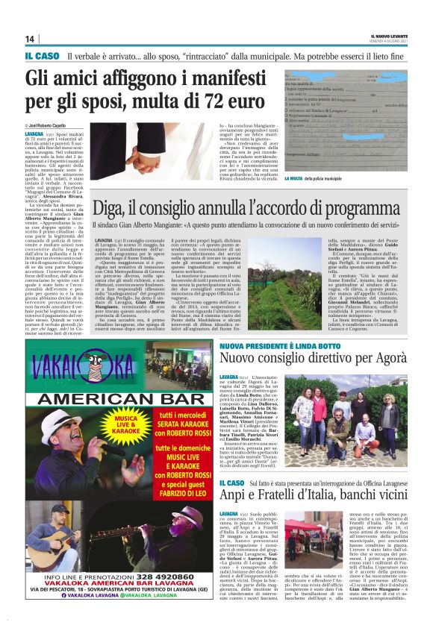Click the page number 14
(x=30, y=39)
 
